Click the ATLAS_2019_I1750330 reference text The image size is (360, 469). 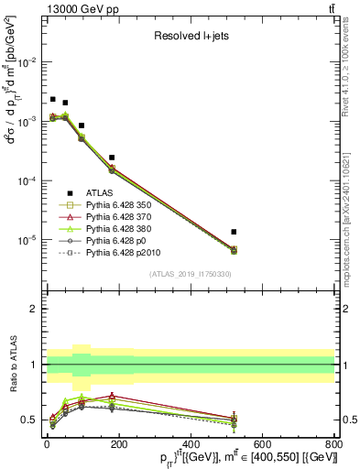coord(191,274)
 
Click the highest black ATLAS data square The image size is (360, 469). coord(52,99)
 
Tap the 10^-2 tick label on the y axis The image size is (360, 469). coord(27,62)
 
